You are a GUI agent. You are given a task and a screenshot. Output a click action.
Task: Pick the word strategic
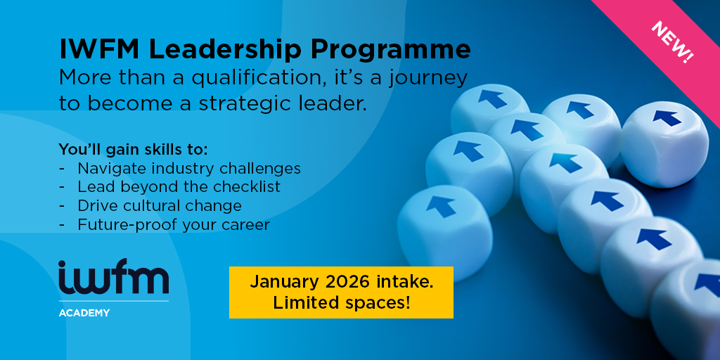245,104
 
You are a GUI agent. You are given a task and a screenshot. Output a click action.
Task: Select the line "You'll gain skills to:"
133,150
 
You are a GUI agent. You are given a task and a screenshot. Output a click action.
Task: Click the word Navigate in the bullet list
108,169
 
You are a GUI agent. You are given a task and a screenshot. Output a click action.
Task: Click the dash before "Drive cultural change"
62,206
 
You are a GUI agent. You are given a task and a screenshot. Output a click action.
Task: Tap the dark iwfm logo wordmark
113,277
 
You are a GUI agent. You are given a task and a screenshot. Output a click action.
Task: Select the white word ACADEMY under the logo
84,313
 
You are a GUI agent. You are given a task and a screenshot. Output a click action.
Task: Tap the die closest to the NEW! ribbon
664,143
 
